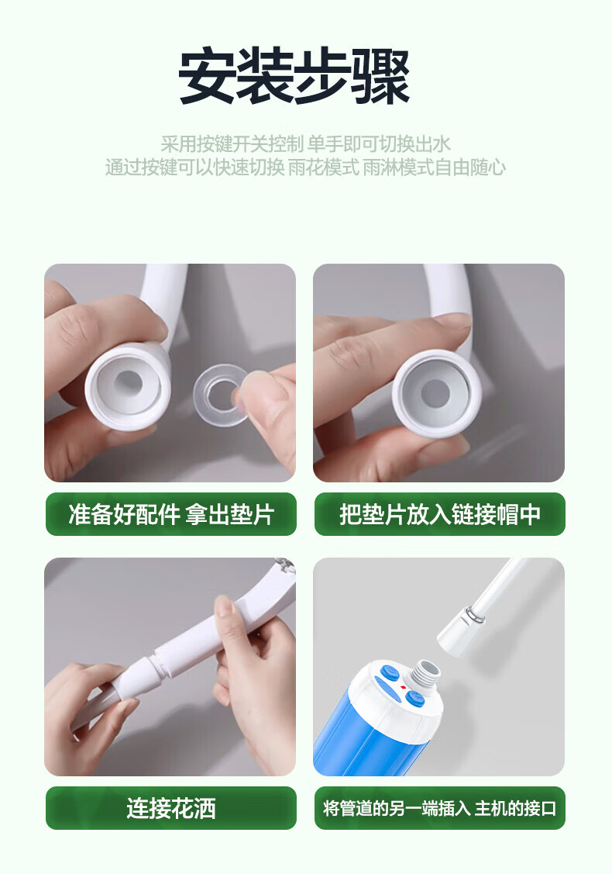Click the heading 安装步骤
coord(294,76)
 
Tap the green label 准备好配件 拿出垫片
coord(171,514)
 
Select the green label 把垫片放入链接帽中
coord(439,514)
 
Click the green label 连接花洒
coord(171,807)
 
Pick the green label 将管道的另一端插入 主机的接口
coord(439,807)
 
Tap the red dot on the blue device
coord(403,687)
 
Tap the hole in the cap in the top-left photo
coord(128,382)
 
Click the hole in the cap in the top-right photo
coord(435,393)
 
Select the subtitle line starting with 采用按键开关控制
coord(305,143)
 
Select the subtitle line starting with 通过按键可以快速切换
coord(305,167)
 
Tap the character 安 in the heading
coord(207,76)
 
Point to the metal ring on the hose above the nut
coord(474,616)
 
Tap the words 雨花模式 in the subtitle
coord(323,168)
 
